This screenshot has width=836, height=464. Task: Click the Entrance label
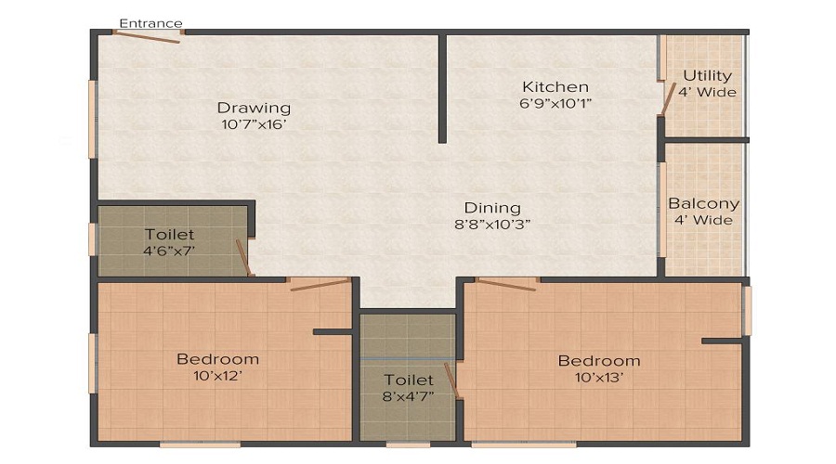(x=150, y=23)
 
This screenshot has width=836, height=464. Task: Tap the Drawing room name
(x=254, y=108)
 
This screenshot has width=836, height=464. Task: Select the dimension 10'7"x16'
(x=254, y=124)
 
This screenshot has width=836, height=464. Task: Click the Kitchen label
(x=555, y=87)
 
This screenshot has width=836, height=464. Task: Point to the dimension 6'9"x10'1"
(x=555, y=104)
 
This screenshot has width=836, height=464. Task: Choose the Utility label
(x=707, y=75)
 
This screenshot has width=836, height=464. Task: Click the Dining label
(x=493, y=208)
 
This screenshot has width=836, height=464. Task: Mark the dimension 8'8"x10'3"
(x=493, y=224)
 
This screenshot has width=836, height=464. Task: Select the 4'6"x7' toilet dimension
(x=169, y=251)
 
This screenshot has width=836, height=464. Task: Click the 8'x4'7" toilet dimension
(x=408, y=396)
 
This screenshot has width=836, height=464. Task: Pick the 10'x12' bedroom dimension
(x=217, y=376)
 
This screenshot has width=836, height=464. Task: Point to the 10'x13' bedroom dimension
(x=598, y=377)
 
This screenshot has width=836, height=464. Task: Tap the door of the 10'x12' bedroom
(x=320, y=284)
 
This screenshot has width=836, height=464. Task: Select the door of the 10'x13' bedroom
(x=507, y=284)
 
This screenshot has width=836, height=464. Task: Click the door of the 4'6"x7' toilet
(x=243, y=257)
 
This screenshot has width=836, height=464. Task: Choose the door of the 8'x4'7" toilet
(x=452, y=380)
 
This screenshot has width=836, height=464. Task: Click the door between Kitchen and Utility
(x=666, y=97)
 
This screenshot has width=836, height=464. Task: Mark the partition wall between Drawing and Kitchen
(x=443, y=89)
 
